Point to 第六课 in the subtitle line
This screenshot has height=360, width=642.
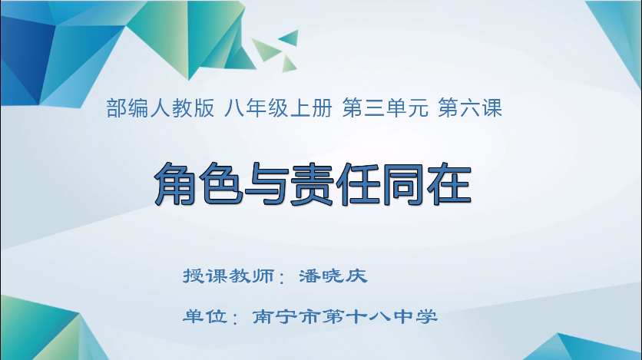(x=470, y=109)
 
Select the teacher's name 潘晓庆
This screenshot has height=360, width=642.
(x=333, y=276)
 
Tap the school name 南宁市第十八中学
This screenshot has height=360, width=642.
(x=345, y=315)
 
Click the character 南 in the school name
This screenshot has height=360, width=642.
(x=263, y=315)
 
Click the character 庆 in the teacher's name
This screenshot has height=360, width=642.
(x=357, y=276)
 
